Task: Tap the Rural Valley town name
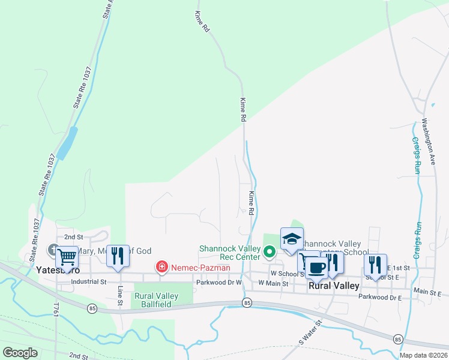[334, 286]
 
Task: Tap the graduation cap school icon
[292, 239]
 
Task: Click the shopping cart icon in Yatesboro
[67, 256]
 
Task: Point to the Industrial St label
[88, 281]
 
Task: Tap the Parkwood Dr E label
[379, 296]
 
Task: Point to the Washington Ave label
[428, 142]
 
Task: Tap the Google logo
[20, 352]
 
